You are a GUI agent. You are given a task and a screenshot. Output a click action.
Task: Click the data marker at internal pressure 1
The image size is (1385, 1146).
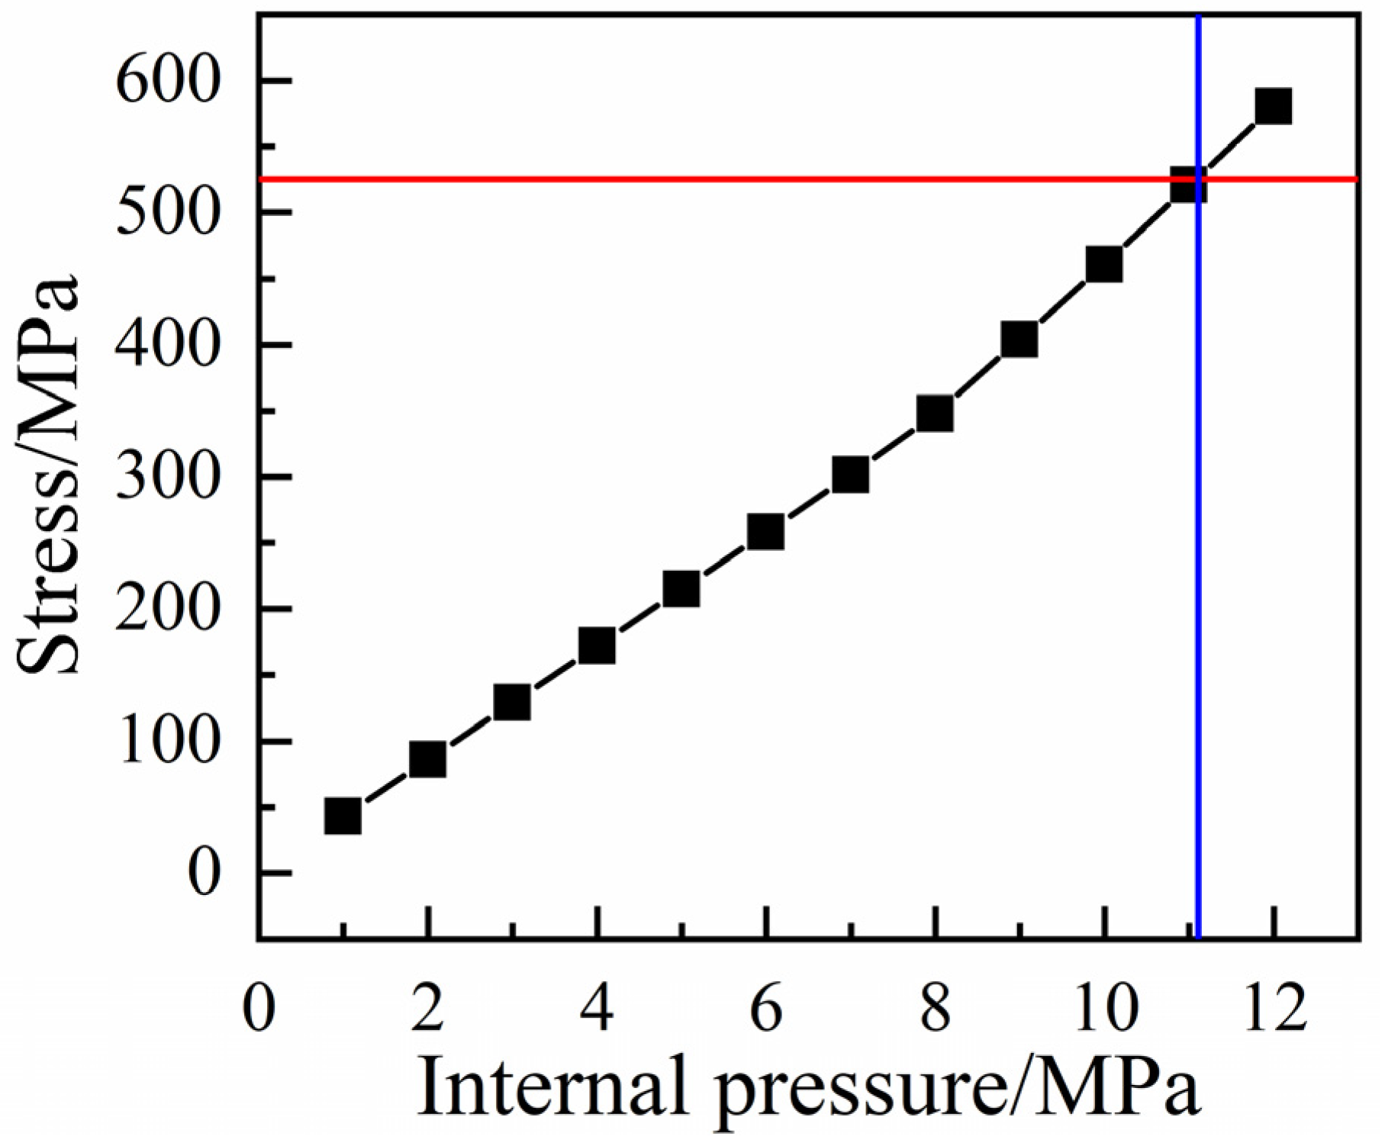[x=343, y=816]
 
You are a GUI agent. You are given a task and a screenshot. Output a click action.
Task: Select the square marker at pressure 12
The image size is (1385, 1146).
[x=1273, y=106]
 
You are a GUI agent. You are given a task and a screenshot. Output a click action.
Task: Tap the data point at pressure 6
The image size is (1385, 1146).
[x=765, y=532]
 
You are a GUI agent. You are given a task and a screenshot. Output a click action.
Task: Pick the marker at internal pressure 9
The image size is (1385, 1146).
[x=1019, y=340]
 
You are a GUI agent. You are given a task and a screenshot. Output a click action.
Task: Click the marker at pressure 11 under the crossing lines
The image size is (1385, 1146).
[x=1188, y=185]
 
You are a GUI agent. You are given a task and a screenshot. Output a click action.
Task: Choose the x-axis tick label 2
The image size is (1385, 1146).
[x=428, y=1009]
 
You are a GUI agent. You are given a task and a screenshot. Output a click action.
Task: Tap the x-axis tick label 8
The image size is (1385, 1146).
[x=935, y=1009]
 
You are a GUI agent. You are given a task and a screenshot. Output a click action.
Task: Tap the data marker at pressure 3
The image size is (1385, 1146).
[x=512, y=703]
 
